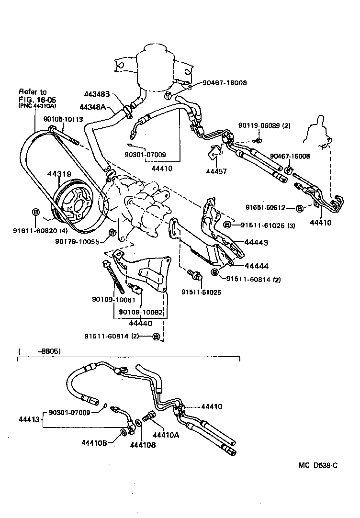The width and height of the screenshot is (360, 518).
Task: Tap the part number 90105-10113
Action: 63,120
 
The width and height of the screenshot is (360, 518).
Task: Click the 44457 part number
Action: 215,171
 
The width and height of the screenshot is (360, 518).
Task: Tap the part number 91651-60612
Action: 265,208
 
